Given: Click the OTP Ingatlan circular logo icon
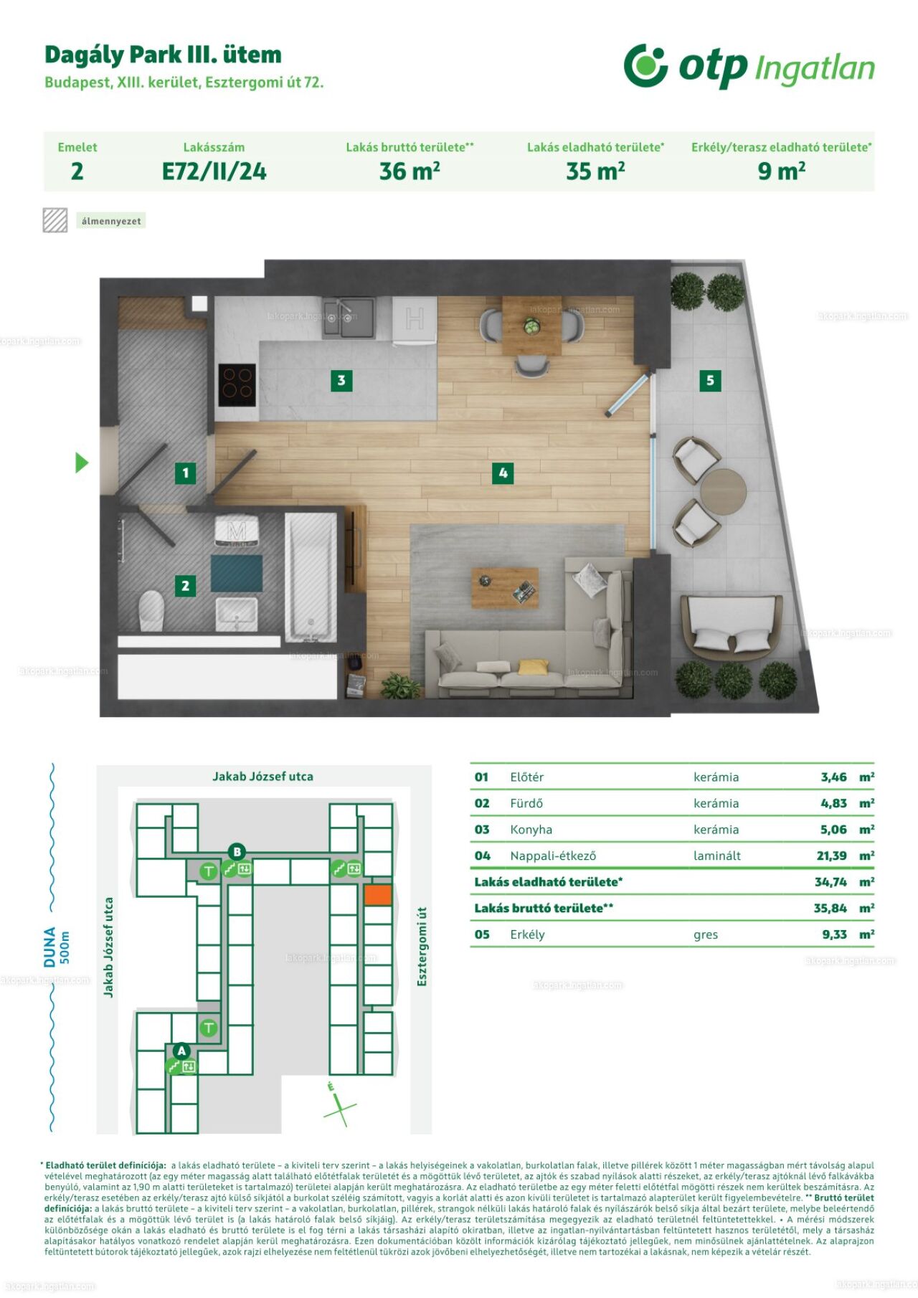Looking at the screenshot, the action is coord(646,65).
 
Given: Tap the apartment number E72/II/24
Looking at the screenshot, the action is coord(214,171).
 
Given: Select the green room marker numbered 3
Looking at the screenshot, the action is coord(341,380).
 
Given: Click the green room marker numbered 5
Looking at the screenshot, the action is coord(710,380).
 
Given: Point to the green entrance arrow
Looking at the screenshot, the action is coord(82,463).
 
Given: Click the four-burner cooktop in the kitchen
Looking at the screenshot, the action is coord(237,382).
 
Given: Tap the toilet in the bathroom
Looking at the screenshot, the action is coord(151,610).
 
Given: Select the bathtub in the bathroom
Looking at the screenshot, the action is coord(311,577).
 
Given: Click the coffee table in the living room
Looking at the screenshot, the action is coord(505,588).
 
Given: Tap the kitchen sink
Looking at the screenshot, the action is coord(348,318).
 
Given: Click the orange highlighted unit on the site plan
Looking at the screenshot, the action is coord(378,894).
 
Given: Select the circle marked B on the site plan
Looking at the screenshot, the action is coord(237,852).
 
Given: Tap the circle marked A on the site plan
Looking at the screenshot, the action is coord(181,1051).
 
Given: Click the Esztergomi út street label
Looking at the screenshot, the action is coord(422,946).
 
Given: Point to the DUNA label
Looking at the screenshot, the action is coord(49,947).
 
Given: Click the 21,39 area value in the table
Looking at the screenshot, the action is coord(831,856).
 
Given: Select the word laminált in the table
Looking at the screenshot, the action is coord(717,856).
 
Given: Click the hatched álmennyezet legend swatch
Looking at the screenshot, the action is coord(55,220).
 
